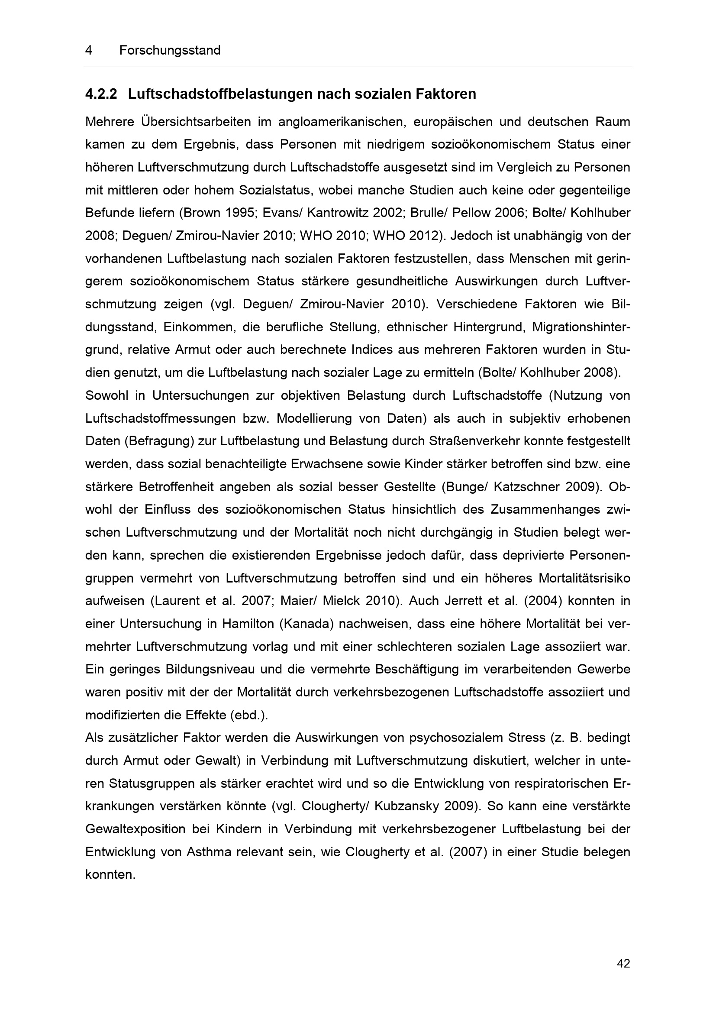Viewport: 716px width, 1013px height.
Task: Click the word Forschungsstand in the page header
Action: pyautogui.click(x=170, y=50)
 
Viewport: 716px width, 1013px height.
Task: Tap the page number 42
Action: pyautogui.click(x=623, y=964)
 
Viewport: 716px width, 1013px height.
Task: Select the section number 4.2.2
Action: pyautogui.click(x=101, y=94)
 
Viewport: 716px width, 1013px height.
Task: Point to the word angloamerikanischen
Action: pyautogui.click(x=342, y=122)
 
